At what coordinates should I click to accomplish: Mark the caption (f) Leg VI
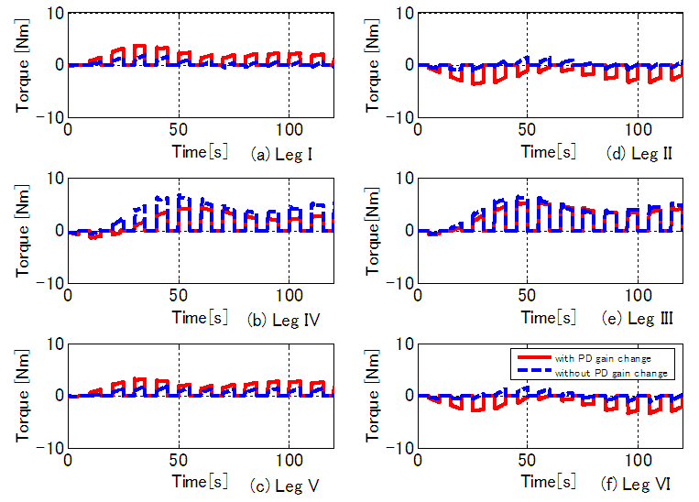[639, 485]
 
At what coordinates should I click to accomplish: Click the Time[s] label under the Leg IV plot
[201, 319]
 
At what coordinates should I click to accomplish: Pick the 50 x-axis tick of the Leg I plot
[179, 129]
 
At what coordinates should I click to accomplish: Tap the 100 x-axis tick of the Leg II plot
[638, 129]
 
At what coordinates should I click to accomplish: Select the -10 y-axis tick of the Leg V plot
[49, 448]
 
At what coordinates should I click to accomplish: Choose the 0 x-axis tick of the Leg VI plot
[418, 460]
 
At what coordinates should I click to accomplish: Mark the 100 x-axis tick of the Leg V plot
[289, 460]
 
